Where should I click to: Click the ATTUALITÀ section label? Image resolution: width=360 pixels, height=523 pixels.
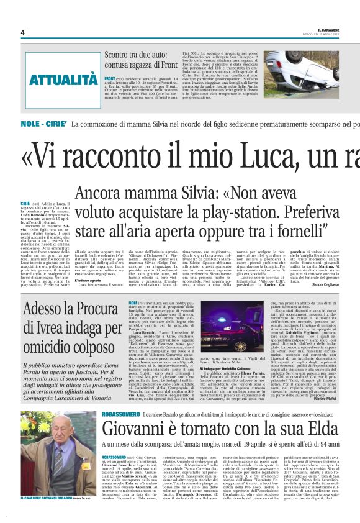(63, 80)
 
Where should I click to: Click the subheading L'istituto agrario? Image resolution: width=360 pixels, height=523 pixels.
(88, 280)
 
